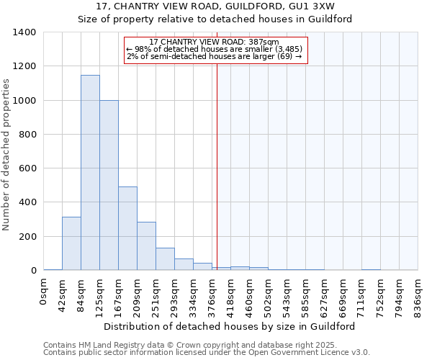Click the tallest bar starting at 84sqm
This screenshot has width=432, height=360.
(90, 173)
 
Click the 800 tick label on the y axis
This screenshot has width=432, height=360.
(27, 135)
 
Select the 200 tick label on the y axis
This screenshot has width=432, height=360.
(27, 236)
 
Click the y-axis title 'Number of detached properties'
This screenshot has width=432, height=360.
(7, 155)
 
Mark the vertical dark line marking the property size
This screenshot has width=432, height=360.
(217, 166)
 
